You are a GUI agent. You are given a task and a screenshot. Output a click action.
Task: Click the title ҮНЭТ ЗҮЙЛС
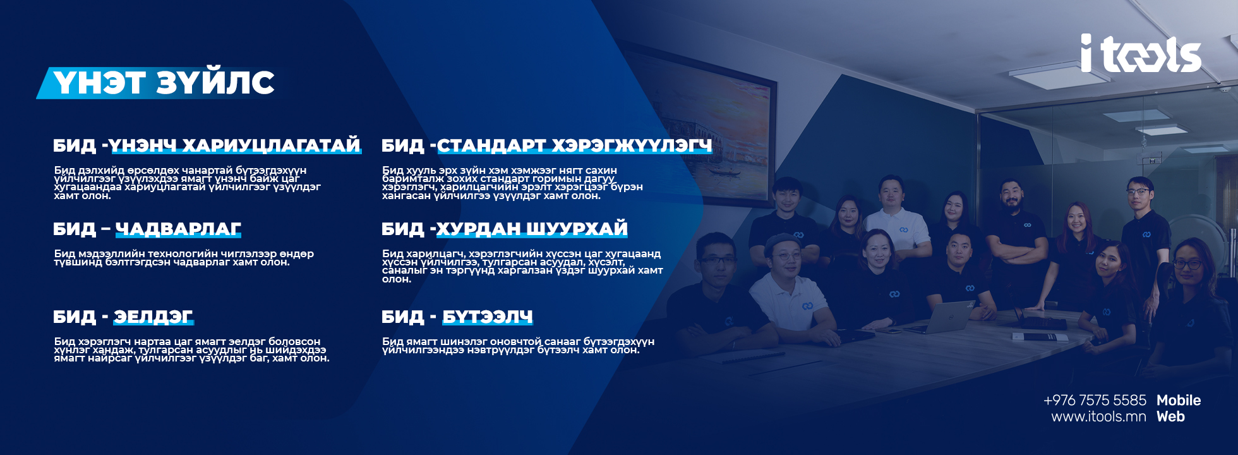[x=164, y=83]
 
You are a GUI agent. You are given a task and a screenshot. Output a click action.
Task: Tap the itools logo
[x=1141, y=53]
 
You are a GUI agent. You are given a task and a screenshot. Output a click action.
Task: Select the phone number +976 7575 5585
[x=1095, y=400]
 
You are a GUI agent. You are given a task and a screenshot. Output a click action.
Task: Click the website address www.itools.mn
[x=1098, y=416]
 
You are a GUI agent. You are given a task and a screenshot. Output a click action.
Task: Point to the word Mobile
[x=1179, y=400]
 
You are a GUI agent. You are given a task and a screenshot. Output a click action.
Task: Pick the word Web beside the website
[x=1170, y=416]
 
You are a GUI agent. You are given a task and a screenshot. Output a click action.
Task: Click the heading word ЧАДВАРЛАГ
[x=178, y=229]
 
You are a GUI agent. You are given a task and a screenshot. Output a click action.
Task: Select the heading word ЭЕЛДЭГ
[x=153, y=317]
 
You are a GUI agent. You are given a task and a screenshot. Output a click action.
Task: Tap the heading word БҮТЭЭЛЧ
[x=487, y=317]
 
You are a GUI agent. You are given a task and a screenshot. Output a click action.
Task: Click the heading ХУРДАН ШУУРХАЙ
[x=532, y=229]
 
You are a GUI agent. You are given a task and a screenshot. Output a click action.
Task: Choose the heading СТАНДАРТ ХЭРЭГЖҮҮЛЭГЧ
[x=575, y=146]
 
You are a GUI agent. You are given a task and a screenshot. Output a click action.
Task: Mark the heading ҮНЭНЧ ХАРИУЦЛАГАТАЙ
[x=235, y=145]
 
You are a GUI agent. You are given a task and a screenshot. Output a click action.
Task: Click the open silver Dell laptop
[x=941, y=317]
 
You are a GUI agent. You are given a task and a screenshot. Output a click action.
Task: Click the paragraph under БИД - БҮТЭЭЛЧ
[x=518, y=346]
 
